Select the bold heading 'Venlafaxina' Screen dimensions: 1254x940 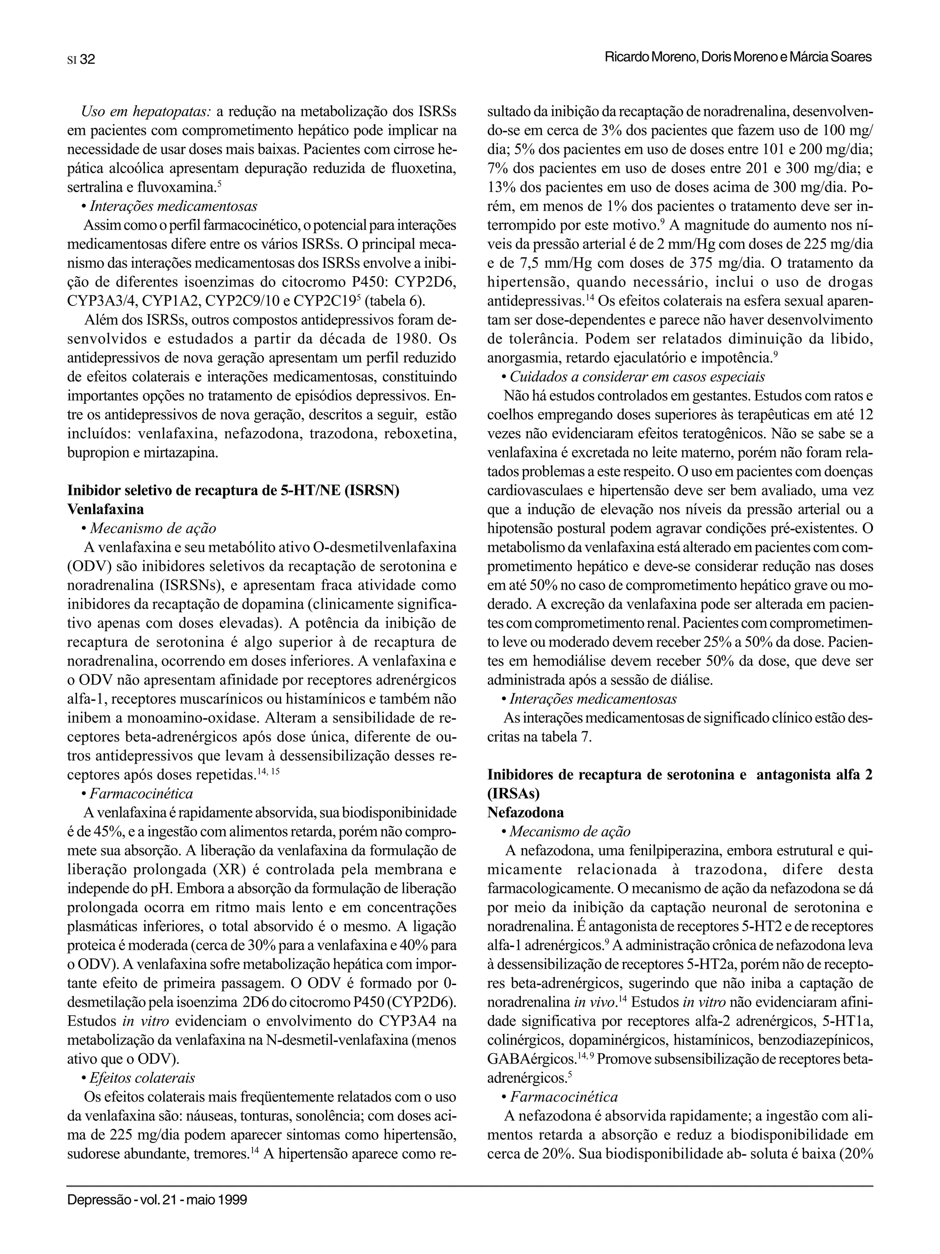pyautogui.click(x=106, y=509)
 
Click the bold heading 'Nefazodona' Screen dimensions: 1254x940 pyautogui.click(x=526, y=813)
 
